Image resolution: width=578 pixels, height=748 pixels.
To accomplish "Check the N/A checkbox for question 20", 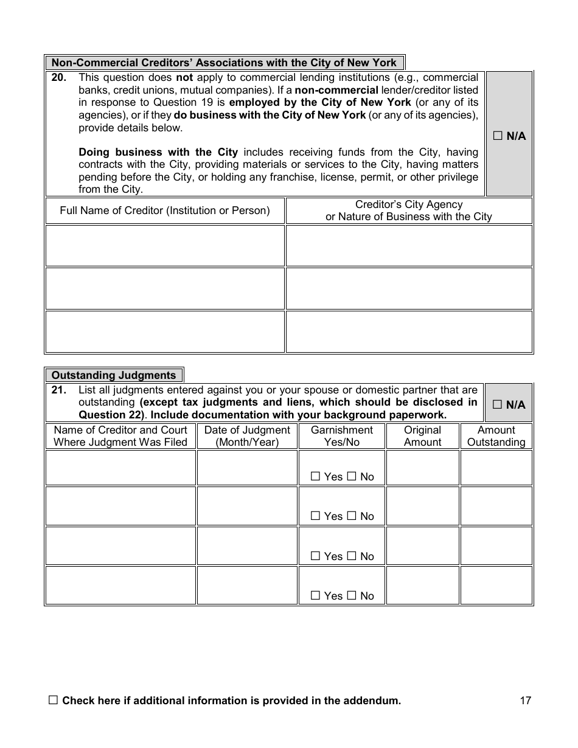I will tap(497, 136).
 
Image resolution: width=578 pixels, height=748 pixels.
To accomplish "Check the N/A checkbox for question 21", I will tap(497, 405).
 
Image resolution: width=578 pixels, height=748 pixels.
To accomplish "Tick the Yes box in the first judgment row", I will tap(315, 477).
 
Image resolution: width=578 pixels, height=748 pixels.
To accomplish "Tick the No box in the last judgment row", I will tap(352, 596).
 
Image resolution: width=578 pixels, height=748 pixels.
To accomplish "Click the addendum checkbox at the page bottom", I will tap(53, 701).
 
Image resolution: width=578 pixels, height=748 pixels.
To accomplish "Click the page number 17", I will tap(526, 701).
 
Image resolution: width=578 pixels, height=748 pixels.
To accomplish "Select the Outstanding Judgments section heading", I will tap(114, 375).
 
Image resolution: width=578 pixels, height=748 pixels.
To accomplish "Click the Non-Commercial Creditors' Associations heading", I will tap(224, 63).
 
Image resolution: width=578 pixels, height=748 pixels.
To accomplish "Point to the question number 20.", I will tap(58, 78).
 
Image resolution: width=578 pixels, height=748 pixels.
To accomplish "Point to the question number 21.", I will tap(58, 390).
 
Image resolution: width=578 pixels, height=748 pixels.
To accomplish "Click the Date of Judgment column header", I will tap(247, 436).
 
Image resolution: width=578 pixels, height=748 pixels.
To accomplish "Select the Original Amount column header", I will tap(422, 436).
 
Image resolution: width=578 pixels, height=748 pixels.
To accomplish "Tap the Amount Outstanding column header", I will tap(496, 436).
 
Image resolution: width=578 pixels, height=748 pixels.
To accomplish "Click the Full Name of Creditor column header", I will tap(165, 210).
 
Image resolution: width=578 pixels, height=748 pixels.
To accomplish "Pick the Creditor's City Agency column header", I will tap(409, 210).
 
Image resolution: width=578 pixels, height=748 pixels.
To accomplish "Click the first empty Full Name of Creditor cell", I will tap(165, 246).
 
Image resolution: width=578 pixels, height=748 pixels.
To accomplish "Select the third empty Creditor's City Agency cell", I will tap(409, 331).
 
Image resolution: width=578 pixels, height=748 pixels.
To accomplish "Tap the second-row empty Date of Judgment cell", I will tap(247, 506).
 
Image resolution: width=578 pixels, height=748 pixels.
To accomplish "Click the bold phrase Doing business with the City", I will tap(158, 152).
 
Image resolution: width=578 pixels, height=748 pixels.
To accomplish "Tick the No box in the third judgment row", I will tap(352, 556).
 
